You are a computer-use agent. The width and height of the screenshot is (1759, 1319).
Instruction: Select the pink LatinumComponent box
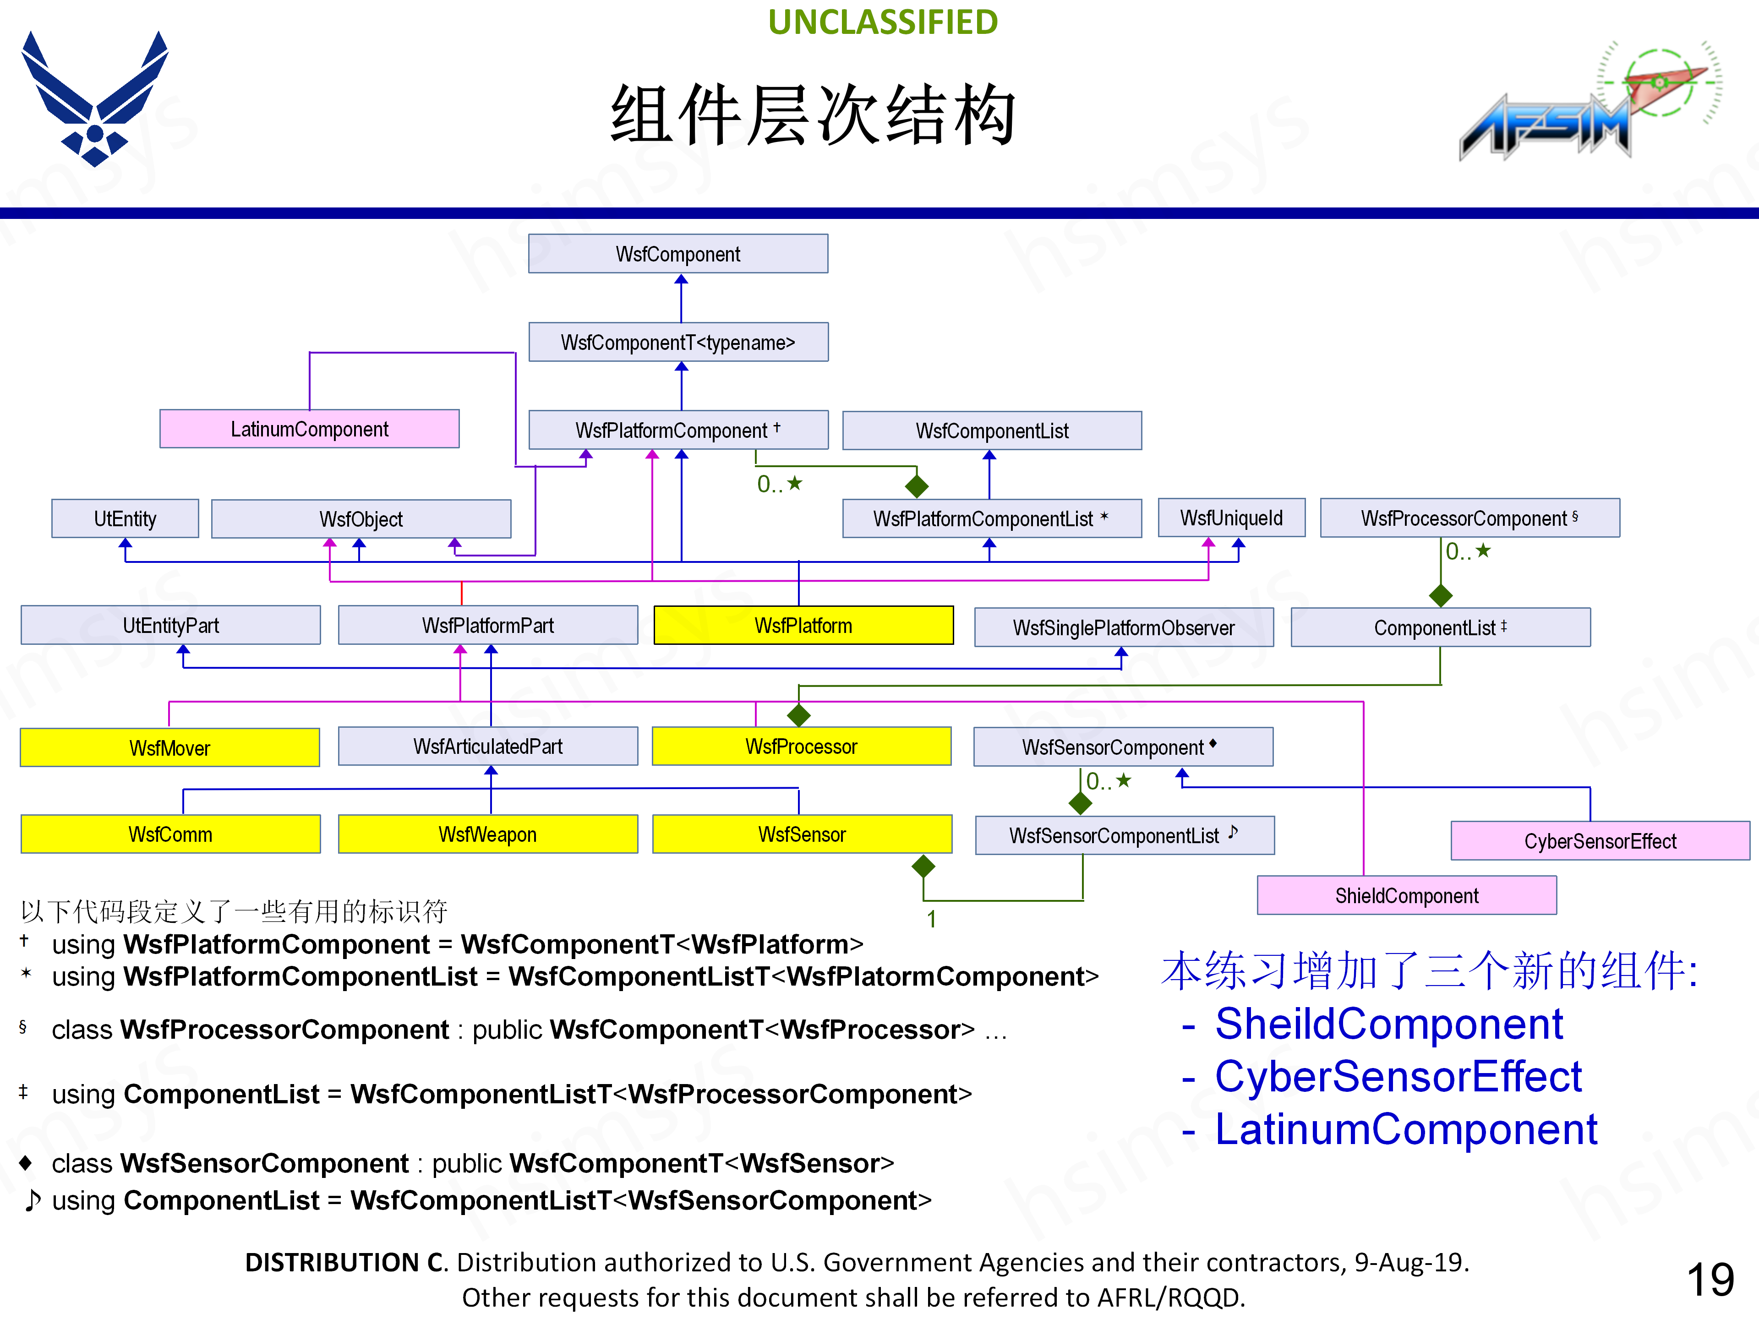click(309, 429)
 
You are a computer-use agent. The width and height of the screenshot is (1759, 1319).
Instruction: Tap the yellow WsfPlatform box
click(803, 626)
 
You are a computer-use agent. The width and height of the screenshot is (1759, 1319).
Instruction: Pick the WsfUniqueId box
click(1231, 518)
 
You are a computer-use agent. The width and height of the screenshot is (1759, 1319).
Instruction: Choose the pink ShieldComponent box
click(1406, 896)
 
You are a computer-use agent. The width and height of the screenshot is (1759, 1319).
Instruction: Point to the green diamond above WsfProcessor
click(798, 715)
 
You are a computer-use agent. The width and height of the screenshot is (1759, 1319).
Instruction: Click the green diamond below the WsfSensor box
click(923, 866)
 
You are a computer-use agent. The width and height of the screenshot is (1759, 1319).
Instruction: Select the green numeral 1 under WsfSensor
click(931, 919)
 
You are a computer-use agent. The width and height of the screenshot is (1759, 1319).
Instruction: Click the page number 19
click(1710, 1279)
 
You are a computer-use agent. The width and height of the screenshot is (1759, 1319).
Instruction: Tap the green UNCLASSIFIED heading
click(883, 22)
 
